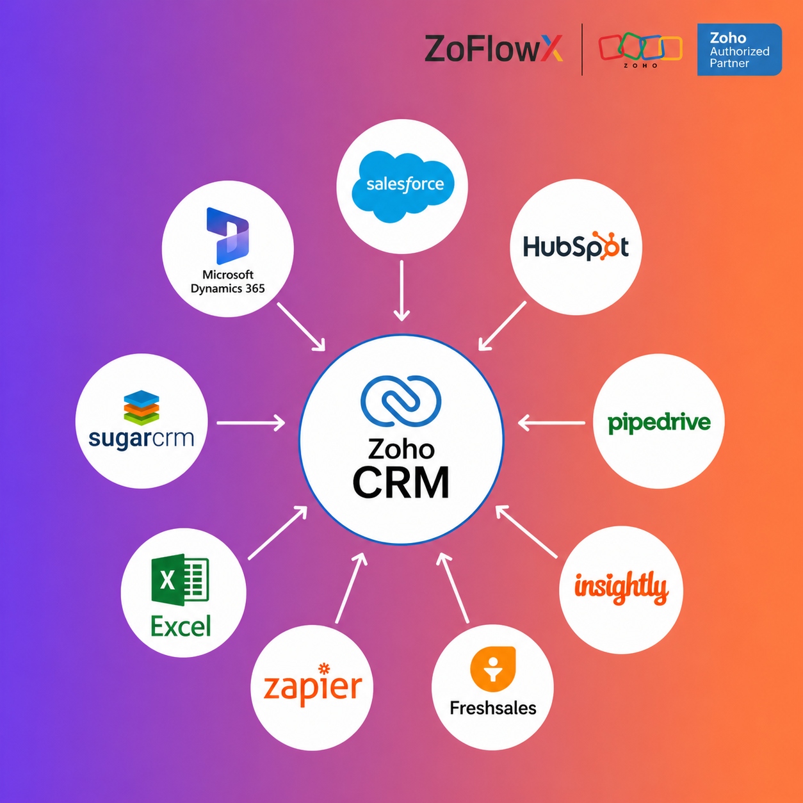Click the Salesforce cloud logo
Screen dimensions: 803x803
click(403, 186)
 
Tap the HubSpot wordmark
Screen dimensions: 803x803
click(576, 247)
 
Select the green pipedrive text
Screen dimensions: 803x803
click(659, 423)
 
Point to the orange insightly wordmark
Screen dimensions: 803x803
click(620, 587)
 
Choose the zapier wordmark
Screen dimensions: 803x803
click(312, 686)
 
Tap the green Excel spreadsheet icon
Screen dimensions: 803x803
click(180, 580)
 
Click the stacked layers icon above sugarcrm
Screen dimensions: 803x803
click(142, 407)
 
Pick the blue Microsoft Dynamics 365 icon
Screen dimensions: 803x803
click(228, 235)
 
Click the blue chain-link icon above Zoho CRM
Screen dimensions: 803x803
click(401, 401)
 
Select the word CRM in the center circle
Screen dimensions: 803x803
click(401, 483)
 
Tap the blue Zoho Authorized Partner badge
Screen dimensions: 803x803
click(739, 50)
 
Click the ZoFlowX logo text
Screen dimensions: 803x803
click(493, 49)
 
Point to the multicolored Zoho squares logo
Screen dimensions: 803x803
click(640, 49)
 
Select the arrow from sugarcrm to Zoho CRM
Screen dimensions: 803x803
click(250, 423)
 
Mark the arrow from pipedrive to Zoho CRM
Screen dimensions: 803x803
click(551, 423)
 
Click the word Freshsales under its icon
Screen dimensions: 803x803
click(492, 708)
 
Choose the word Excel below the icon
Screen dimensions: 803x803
click(181, 626)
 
